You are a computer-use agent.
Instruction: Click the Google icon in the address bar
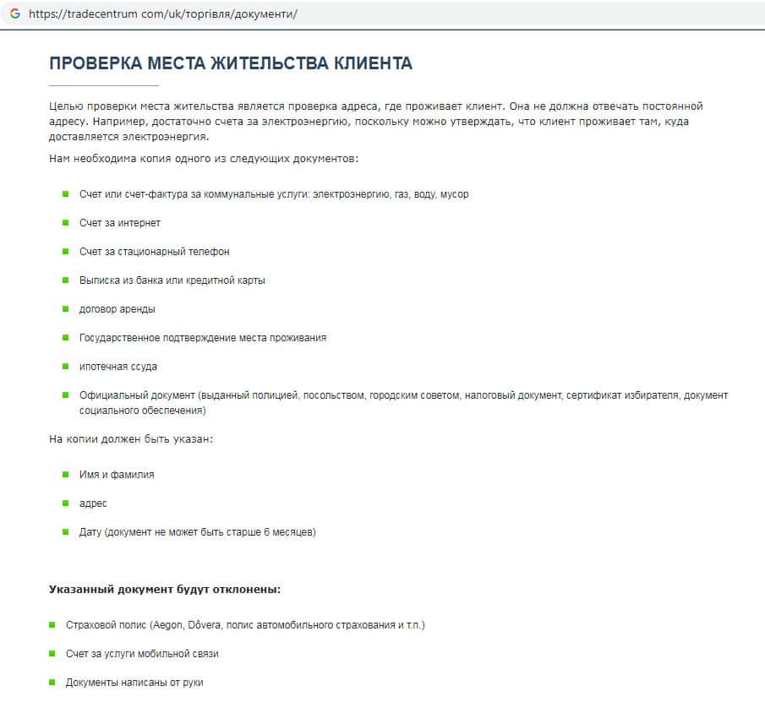coord(15,14)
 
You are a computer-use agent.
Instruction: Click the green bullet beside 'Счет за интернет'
coord(65,222)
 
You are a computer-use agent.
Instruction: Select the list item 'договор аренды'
coord(117,309)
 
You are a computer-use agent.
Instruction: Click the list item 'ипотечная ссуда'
coord(118,367)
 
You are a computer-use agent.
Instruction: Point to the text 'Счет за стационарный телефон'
coord(154,252)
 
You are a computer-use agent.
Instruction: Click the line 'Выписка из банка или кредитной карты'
coord(172,280)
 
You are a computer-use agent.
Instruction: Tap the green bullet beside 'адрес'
coord(65,503)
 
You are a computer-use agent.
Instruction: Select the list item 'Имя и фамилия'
coord(117,475)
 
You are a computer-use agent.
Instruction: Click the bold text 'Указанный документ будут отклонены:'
coord(165,589)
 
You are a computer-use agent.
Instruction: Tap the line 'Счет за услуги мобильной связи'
coord(142,654)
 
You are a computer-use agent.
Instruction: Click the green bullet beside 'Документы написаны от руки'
coord(52,682)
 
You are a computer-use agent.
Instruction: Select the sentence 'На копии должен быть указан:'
coord(131,439)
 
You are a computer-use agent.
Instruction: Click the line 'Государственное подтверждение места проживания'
coord(202,338)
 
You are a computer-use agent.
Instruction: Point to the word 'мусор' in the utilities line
coord(454,194)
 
